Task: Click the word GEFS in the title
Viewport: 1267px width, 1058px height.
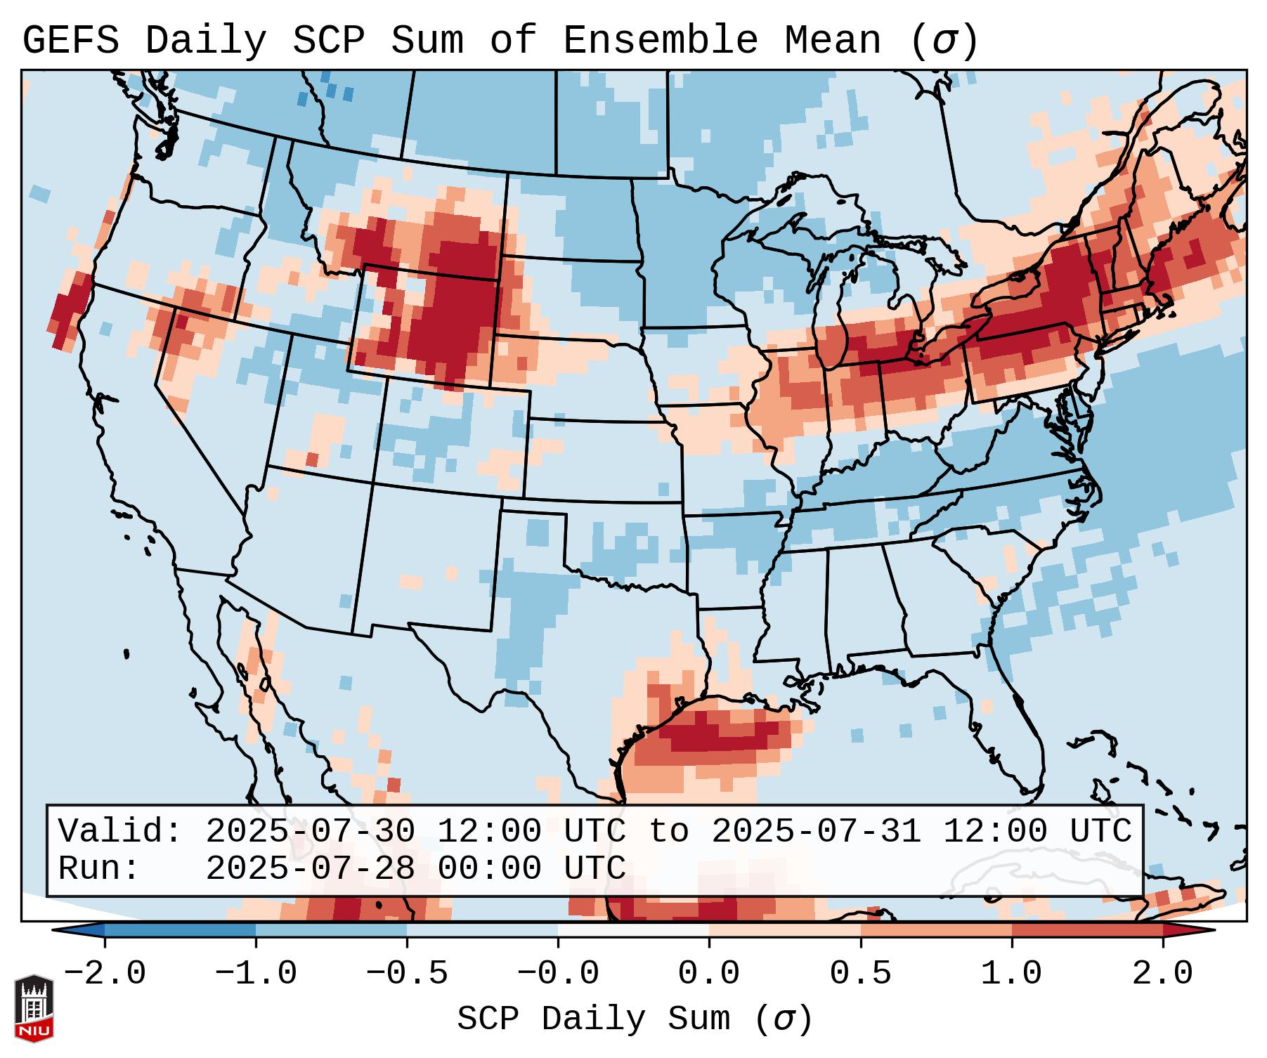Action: [x=70, y=41]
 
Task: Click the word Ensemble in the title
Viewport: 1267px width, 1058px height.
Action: [x=660, y=41]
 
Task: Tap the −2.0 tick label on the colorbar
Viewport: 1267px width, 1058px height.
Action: [x=105, y=974]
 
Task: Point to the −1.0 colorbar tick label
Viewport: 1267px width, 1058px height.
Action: [x=256, y=974]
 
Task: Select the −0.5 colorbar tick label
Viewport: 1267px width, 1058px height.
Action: [x=407, y=974]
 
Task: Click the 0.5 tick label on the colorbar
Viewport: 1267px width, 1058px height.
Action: [x=861, y=974]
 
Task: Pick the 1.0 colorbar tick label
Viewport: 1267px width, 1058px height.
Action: [x=1012, y=974]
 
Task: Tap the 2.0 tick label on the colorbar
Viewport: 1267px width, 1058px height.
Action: [x=1163, y=974]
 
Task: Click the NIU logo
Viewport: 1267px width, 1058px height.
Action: [x=34, y=1007]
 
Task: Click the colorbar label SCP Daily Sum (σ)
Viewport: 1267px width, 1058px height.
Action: [x=635, y=1019]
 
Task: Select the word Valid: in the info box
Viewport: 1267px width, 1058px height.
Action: [x=120, y=832]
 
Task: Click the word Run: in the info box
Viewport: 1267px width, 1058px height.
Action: [x=99, y=869]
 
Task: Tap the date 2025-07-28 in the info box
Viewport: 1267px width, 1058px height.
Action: [x=310, y=869]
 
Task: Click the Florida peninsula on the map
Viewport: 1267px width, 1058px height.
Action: [x=1019, y=731]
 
